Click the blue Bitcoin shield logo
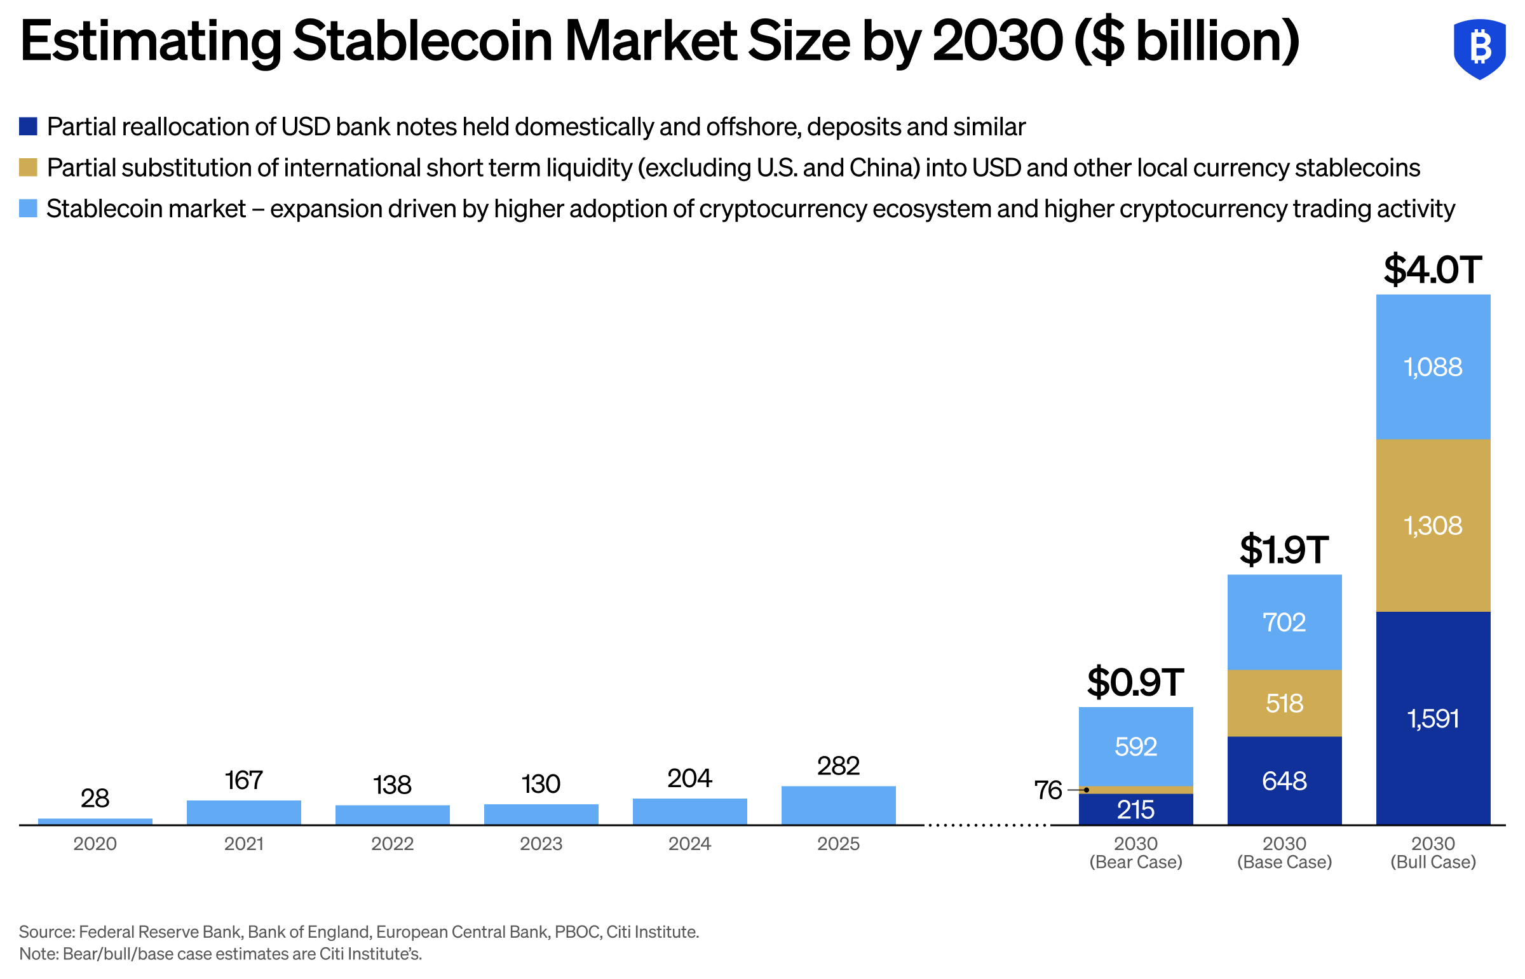(1479, 48)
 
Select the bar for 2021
(243, 813)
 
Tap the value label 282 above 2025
(838, 766)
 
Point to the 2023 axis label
(540, 844)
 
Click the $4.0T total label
(1432, 269)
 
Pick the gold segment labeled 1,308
(1432, 525)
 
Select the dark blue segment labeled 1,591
(1432, 719)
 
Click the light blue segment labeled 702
(1284, 622)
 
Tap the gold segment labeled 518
(1284, 703)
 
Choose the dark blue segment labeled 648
(1284, 781)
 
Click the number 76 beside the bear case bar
(1048, 790)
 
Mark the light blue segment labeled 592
(1135, 746)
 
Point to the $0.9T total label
(1135, 682)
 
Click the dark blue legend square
(28, 126)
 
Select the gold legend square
(28, 168)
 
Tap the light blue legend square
(28, 208)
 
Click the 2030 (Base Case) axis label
(1284, 853)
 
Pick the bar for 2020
(95, 821)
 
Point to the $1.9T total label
(1284, 550)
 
